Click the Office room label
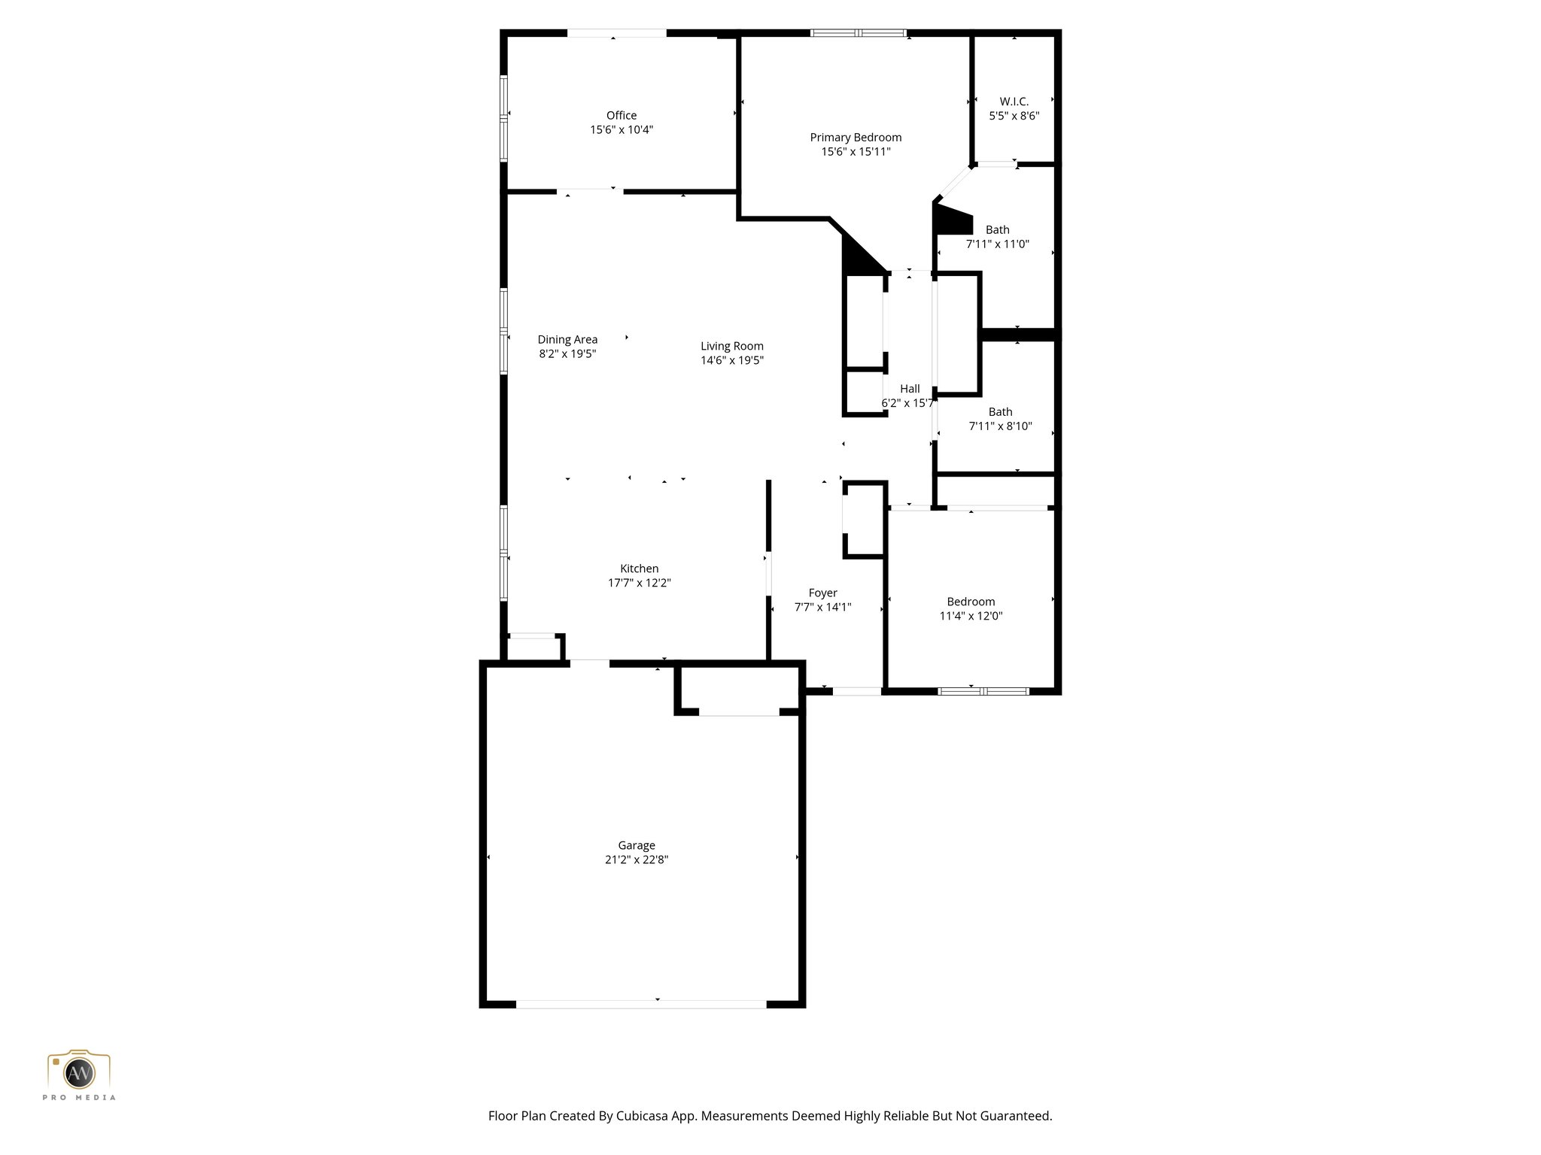pos(621,115)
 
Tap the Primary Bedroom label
pos(856,137)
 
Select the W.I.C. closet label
pos(1014,102)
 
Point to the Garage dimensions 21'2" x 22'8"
pos(636,859)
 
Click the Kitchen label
pos(639,568)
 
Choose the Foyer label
pos(822,593)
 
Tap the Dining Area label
pos(567,339)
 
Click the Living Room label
pos(731,346)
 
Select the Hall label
pos(910,389)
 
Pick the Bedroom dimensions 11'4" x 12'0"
pos(971,616)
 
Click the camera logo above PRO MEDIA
pos(79,1071)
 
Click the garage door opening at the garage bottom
pos(640,1004)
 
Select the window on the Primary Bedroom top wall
pos(858,33)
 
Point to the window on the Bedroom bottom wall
pos(983,690)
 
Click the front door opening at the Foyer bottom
pos(856,691)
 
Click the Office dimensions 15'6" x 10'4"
pos(621,129)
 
